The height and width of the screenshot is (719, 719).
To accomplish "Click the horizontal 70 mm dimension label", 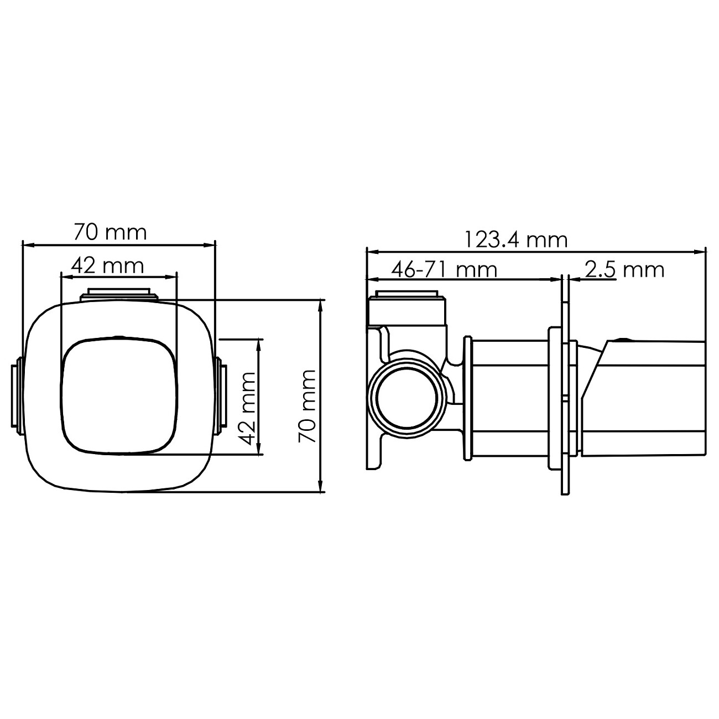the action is point(111,232).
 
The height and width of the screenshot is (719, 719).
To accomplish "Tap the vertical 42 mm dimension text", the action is point(247,409).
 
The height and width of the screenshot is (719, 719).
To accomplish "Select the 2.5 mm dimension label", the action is point(624,269).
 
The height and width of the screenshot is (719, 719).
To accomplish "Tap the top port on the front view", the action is point(119,294).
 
